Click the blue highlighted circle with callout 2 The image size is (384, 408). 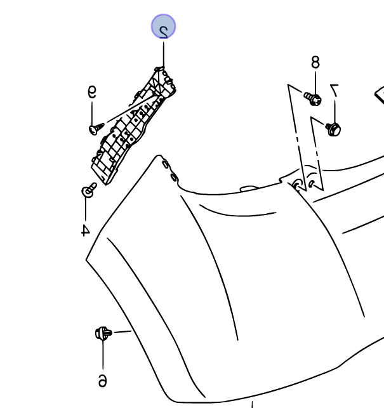(x=163, y=27)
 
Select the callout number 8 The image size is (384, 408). (x=315, y=62)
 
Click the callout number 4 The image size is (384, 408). (x=85, y=228)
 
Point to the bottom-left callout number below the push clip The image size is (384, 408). (x=102, y=379)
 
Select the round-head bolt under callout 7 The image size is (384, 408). (x=333, y=129)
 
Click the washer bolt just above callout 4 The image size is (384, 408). (x=88, y=190)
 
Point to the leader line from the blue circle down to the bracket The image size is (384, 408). (x=163, y=54)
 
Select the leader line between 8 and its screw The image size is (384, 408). (x=315, y=81)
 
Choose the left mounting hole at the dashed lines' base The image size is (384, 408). (x=296, y=185)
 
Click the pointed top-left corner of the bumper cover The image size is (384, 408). (x=157, y=157)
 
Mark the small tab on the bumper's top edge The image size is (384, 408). (x=248, y=187)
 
